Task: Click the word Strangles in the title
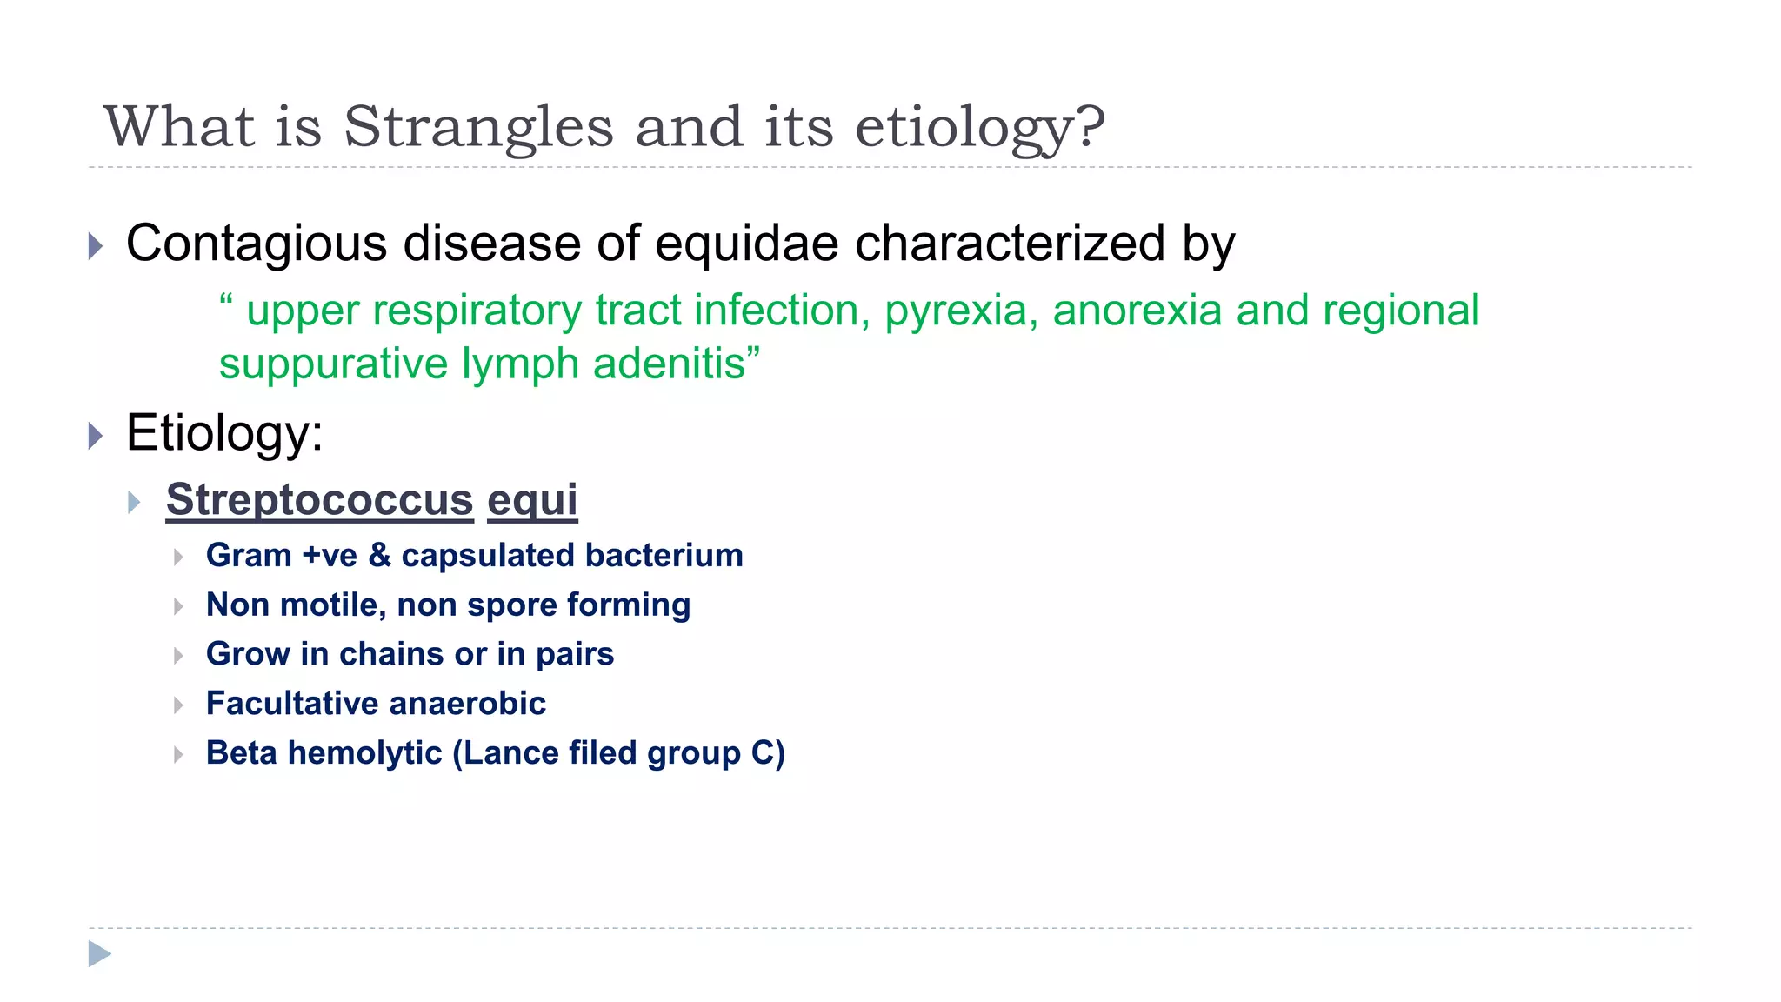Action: coord(478,127)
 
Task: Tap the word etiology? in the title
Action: coord(980,127)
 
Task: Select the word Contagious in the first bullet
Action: coord(257,243)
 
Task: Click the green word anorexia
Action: coord(1137,311)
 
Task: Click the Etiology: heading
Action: coord(224,432)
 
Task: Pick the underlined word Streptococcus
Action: coord(319,499)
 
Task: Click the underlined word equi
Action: coord(532,499)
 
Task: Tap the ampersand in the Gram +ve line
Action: coord(379,556)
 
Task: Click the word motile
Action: coord(332,605)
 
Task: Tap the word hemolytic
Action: coord(364,753)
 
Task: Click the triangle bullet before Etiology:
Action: coord(96,435)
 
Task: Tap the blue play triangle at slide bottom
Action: coord(99,954)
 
